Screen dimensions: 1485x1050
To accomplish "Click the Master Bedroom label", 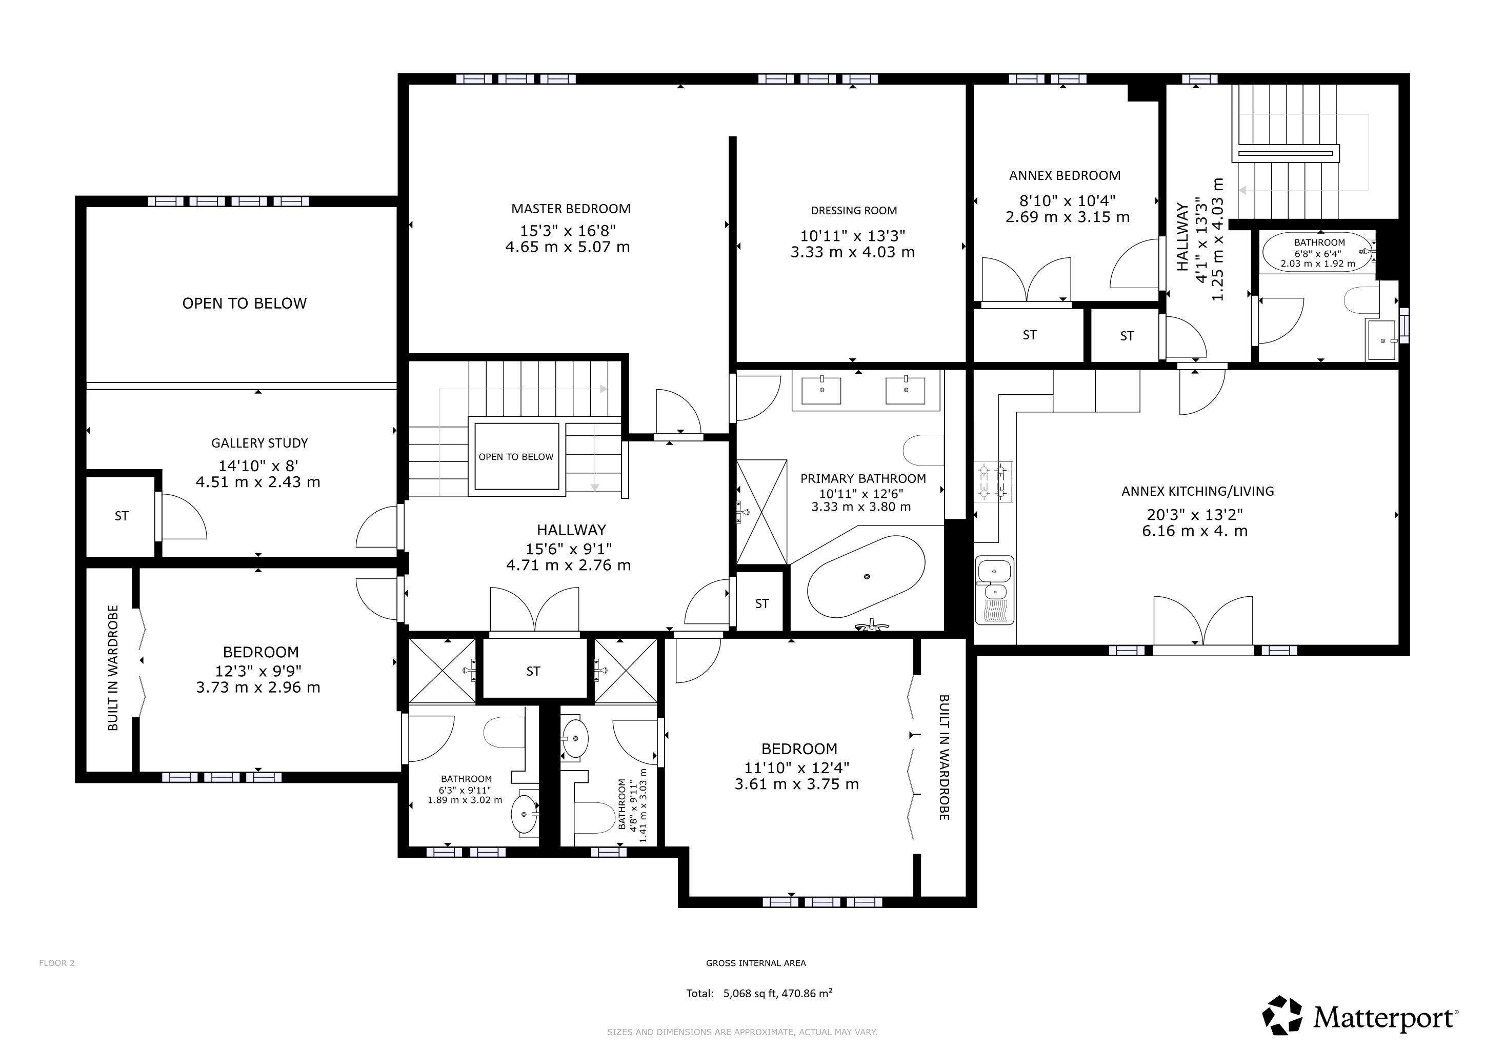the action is (570, 209).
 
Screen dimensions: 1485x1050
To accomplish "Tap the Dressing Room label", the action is (854, 210).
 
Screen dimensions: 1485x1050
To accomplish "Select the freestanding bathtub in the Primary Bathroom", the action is (866, 576).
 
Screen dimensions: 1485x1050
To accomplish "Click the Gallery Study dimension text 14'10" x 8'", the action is (258, 466).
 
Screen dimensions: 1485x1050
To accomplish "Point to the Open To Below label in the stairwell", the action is (516, 456).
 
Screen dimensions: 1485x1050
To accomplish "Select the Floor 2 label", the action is (57, 963).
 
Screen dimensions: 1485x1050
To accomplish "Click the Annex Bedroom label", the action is (1065, 175).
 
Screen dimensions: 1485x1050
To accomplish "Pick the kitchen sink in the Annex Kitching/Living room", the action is (995, 590).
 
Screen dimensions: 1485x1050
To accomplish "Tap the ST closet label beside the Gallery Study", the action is (122, 516).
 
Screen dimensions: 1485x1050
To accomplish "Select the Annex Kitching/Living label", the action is (1198, 491).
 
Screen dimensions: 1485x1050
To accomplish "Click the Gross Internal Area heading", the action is (756, 963).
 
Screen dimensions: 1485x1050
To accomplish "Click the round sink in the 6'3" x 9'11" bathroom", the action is (524, 815).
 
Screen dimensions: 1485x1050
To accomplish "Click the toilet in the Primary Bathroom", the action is (923, 450).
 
